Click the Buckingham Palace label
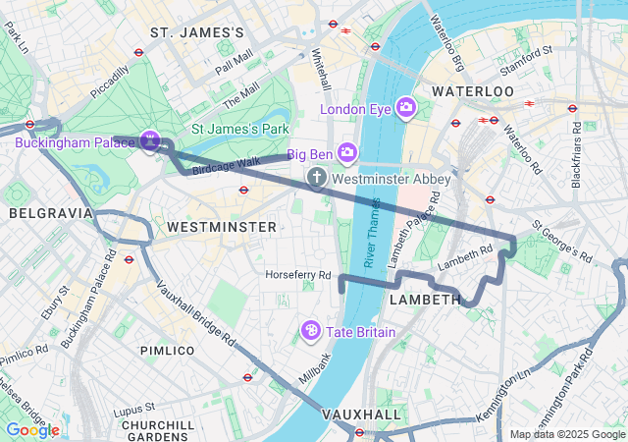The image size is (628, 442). click(x=75, y=142)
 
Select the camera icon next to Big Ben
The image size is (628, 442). click(x=346, y=152)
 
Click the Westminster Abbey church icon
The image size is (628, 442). click(x=316, y=178)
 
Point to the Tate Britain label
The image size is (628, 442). click(x=361, y=332)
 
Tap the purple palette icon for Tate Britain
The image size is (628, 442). click(x=312, y=331)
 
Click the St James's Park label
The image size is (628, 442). click(x=238, y=128)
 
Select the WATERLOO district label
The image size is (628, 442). click(x=473, y=91)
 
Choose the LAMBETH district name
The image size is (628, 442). click(x=425, y=299)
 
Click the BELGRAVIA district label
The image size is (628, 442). click(x=50, y=213)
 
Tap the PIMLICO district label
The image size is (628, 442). click(x=167, y=351)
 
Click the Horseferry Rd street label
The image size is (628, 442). click(x=298, y=275)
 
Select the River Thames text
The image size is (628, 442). click(x=373, y=232)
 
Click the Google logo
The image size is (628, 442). click(x=32, y=429)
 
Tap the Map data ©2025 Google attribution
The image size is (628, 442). click(x=567, y=434)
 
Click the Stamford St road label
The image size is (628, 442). click(x=526, y=68)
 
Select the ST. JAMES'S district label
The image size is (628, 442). click(x=196, y=33)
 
